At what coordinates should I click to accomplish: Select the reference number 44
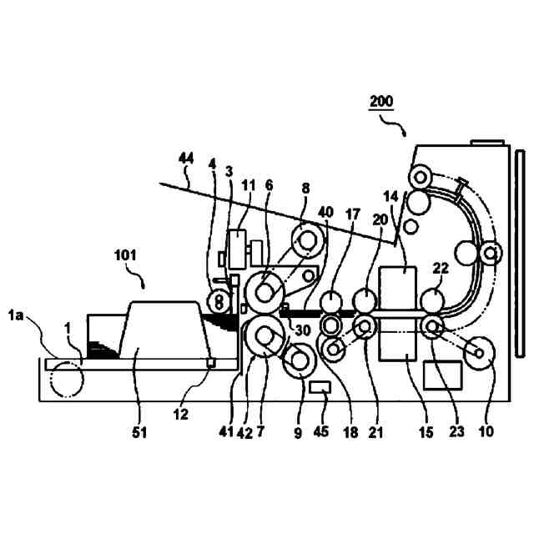[187, 157]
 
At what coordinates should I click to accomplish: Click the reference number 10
[486, 431]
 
